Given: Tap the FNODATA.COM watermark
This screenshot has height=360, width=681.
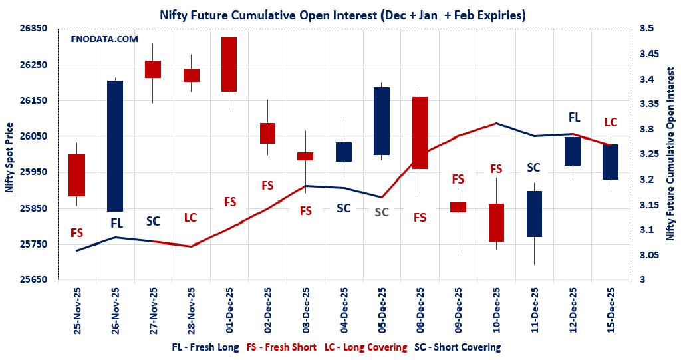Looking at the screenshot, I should (x=104, y=39).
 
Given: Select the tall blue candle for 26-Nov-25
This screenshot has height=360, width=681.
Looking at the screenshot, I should (x=115, y=146).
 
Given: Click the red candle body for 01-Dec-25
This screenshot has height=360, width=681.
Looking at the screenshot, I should (x=229, y=65).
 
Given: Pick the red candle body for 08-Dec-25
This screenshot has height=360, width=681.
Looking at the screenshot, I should (x=420, y=133).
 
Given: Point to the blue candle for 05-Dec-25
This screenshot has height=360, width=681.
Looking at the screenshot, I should (x=382, y=121).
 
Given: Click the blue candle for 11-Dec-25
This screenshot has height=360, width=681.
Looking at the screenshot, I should (x=534, y=214).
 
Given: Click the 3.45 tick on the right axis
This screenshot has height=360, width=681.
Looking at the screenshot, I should (x=648, y=54).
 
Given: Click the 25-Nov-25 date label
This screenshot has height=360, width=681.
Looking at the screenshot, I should (x=77, y=309).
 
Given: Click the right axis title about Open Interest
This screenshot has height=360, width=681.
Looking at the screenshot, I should (x=670, y=156).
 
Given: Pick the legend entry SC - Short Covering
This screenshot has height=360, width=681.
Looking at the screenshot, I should (x=457, y=347).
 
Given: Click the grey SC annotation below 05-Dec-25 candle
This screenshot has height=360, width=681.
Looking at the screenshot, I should (x=382, y=212).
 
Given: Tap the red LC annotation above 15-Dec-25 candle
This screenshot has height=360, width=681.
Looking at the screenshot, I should (x=610, y=122).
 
